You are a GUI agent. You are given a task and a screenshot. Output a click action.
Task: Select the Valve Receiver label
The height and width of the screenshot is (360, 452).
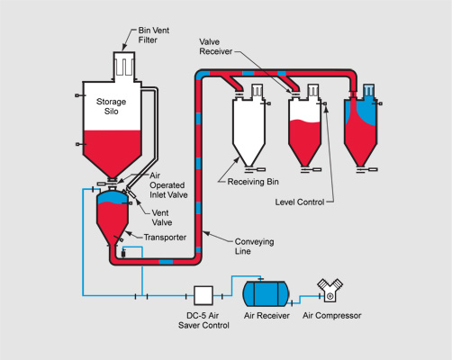[x=217, y=48]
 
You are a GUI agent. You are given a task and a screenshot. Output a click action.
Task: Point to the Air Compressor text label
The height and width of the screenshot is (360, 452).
[x=332, y=316]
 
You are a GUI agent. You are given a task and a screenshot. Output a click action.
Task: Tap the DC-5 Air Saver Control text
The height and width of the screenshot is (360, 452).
[x=203, y=320]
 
